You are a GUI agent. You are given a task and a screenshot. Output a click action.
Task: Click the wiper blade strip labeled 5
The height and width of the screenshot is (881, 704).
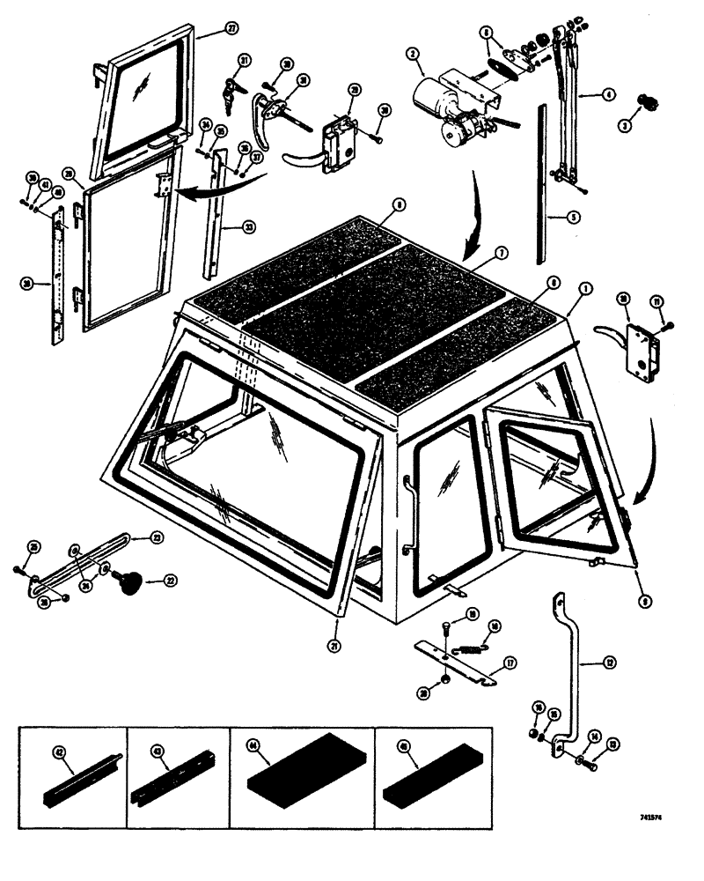pos(541,185)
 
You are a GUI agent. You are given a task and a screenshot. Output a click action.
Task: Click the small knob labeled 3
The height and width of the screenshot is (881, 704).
pos(627,124)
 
